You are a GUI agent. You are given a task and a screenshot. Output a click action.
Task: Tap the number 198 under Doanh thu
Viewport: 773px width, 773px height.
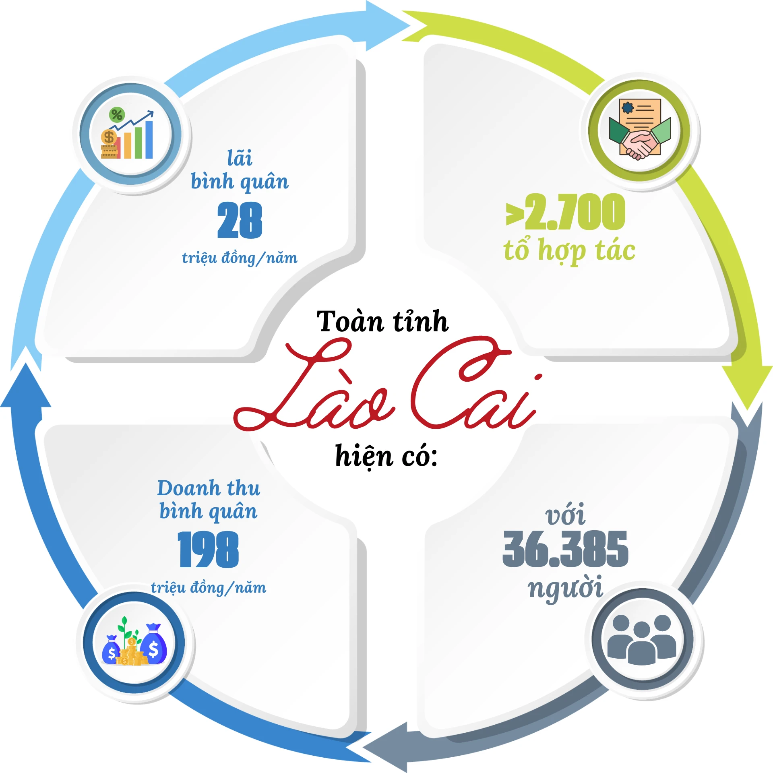coord(209,550)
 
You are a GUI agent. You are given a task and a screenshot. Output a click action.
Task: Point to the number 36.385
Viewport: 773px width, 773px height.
coord(565,549)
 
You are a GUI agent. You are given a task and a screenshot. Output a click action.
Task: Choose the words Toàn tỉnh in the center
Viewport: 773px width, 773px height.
coord(382,322)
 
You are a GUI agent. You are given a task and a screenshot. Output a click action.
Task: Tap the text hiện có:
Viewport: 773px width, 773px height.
coord(386,456)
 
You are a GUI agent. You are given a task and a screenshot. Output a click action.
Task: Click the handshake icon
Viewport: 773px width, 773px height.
coord(640,129)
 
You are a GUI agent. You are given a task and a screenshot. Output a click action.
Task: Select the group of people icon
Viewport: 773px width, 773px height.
coord(642,639)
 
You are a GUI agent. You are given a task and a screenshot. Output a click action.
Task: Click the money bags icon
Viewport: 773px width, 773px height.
coord(134,644)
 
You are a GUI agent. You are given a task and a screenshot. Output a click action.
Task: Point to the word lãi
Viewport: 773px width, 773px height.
coord(240,157)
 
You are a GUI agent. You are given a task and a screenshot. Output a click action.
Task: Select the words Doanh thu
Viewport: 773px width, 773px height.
coord(209,488)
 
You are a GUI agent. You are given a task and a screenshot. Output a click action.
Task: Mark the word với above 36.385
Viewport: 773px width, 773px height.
coord(565,514)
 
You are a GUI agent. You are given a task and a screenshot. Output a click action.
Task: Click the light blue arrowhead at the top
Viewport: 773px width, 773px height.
coord(386,26)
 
